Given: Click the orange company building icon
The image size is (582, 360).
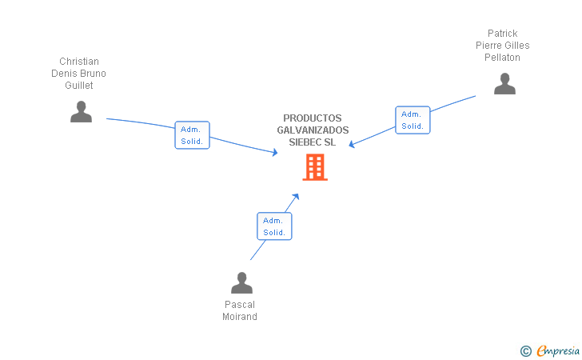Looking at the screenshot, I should click(x=315, y=167).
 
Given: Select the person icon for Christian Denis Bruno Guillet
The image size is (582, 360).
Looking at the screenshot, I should click(x=81, y=112).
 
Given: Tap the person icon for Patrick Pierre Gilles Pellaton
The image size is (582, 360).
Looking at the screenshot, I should click(x=504, y=84).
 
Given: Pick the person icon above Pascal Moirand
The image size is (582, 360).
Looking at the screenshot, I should click(x=241, y=283).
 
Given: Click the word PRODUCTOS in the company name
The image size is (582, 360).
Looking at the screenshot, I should click(x=313, y=118).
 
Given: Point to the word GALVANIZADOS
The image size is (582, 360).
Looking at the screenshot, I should click(x=313, y=130).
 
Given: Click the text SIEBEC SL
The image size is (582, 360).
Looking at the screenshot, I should click(x=313, y=142).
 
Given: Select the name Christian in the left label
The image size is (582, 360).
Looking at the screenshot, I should click(x=79, y=62).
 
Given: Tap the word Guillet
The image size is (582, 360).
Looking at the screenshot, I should click(x=79, y=86).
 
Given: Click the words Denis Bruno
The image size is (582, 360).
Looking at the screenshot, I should click(x=79, y=74).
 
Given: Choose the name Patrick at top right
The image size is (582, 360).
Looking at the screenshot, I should click(x=503, y=34).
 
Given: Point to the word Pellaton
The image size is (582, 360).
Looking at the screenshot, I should click(x=503, y=58).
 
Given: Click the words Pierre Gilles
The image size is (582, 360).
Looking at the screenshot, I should click(x=503, y=46).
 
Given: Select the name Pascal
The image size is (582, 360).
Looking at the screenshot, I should click(x=240, y=305).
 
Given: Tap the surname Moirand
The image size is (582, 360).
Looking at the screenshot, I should click(x=240, y=317).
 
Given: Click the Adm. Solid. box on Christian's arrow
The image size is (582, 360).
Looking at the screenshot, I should click(x=192, y=135).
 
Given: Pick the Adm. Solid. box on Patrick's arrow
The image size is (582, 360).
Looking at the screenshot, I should click(x=413, y=120).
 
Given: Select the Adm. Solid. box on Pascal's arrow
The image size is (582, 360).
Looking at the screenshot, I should click(x=274, y=226).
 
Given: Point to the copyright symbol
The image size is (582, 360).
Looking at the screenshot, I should click(x=525, y=350).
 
